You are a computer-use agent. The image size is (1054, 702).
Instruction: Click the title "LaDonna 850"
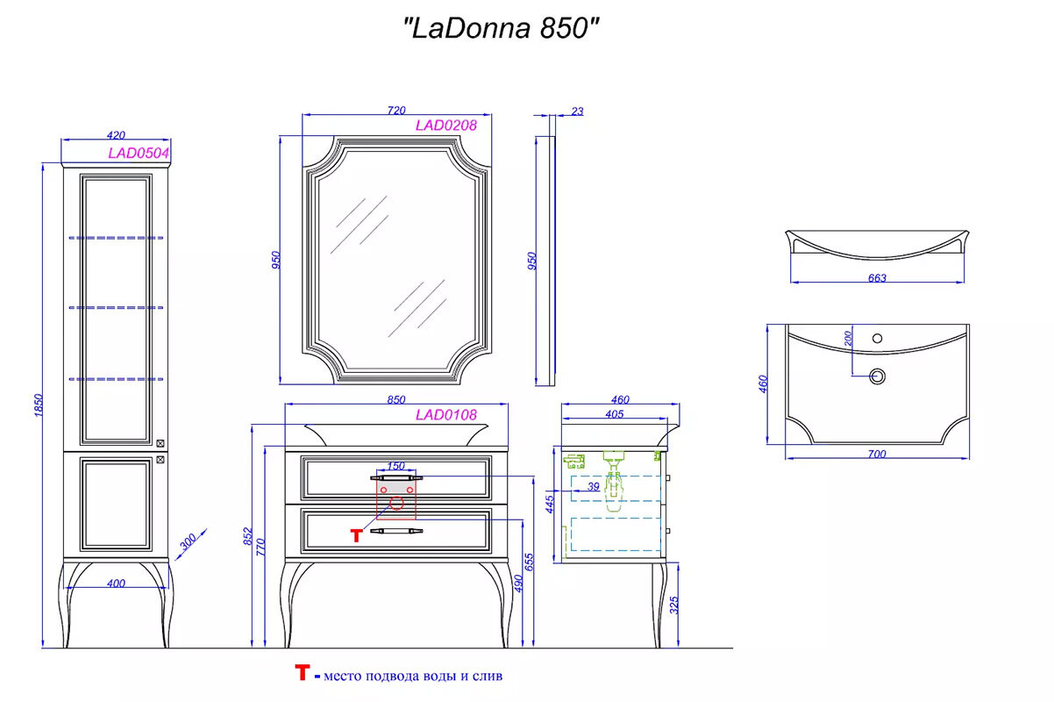pos(502,28)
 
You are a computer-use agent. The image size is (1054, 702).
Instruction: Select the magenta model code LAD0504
pos(138,153)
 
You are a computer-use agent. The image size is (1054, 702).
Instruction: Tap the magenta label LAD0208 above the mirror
pos(445,125)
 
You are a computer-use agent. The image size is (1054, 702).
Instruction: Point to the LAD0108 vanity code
pos(445,415)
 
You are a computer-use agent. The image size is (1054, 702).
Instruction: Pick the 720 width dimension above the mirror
pos(395,111)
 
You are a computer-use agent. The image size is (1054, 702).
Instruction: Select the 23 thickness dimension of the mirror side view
pos(576,111)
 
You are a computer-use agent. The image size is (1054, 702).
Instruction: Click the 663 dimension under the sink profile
pos(877,278)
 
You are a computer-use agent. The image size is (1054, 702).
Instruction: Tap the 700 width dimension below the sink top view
pos(877,454)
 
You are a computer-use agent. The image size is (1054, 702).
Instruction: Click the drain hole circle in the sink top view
pos(876,376)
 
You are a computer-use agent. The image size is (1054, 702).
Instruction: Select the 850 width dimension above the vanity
pos(395,400)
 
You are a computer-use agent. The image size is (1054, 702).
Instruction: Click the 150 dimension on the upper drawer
pos(395,466)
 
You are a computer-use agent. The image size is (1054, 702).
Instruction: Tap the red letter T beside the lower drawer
pos(356,535)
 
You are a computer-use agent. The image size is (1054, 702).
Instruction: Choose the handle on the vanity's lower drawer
pos(395,531)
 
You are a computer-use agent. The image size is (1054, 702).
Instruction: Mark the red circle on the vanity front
pos(395,504)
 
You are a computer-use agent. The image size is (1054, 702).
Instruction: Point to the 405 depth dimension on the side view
pos(614,414)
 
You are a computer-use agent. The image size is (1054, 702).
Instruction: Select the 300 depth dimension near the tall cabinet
pos(187,543)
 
